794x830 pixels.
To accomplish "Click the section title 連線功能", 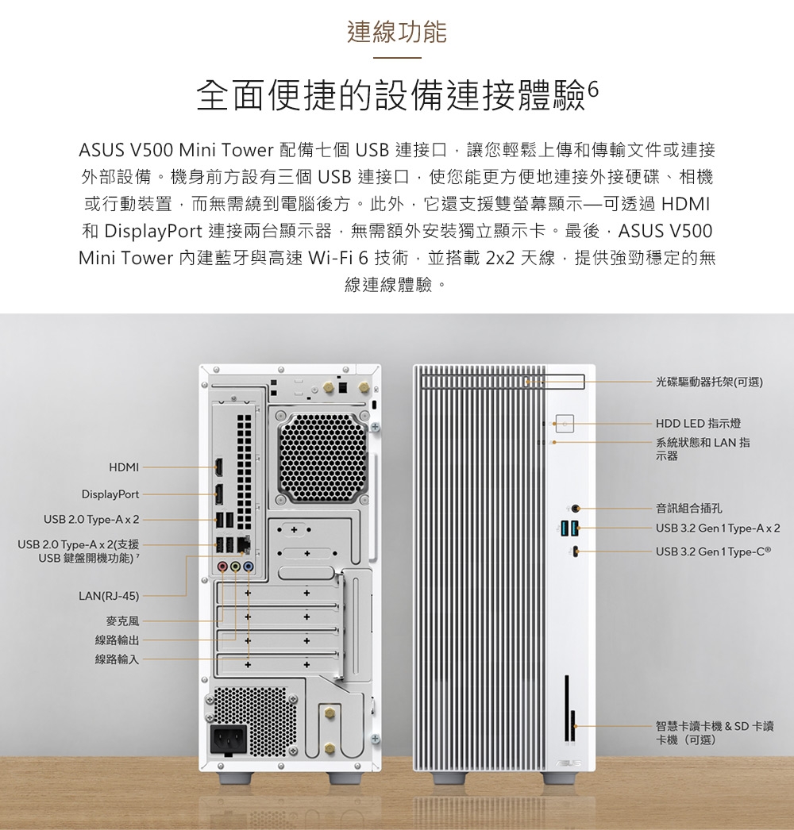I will point(397,32).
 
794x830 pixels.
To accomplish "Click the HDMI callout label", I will point(123,467).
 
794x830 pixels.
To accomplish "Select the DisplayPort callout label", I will point(110,494).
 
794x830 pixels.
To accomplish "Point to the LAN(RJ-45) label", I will point(110,595).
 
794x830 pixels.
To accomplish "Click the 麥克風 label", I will point(122,620).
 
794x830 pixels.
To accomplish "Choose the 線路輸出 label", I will point(117,640).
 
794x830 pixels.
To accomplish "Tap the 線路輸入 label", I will point(117,659).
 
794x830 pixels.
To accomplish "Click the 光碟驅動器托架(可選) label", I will point(708,382).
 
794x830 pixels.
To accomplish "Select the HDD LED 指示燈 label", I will point(698,423).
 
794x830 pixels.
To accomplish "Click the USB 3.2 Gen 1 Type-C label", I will point(713,551).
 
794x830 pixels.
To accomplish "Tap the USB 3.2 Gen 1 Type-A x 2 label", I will point(718,528).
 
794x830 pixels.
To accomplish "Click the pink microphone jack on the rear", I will point(224,567).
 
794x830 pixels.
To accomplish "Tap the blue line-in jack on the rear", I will point(249,567).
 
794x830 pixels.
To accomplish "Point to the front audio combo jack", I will point(575,508).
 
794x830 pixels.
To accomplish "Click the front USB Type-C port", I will point(575,551).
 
